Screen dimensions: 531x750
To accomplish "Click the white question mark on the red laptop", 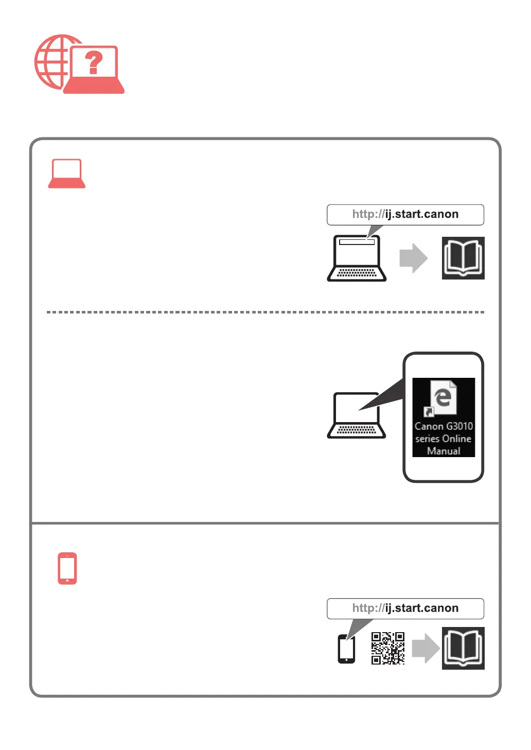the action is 94,63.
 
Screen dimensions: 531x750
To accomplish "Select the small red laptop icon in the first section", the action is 67,173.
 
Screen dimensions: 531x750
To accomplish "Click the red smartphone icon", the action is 67,568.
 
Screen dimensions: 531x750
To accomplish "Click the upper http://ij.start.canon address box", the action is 405,215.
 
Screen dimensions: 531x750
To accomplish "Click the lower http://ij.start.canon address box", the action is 405,608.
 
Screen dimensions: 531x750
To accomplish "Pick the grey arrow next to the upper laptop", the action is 413,258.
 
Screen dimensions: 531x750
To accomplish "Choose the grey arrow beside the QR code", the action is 426,648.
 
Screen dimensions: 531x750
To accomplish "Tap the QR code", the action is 388,648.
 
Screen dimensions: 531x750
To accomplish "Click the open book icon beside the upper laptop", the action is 463,258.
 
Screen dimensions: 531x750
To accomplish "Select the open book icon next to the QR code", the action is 463,648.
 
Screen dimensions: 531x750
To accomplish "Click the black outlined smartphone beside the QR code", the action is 346,649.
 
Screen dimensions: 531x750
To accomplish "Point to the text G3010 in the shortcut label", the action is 459,426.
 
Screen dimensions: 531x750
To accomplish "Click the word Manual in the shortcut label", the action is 444,451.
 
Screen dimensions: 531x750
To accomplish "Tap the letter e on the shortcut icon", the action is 443,397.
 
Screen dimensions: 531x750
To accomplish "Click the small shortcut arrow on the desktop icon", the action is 428,411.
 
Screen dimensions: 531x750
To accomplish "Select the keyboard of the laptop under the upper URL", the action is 357,273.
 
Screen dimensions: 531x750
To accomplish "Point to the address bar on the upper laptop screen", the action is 357,242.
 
